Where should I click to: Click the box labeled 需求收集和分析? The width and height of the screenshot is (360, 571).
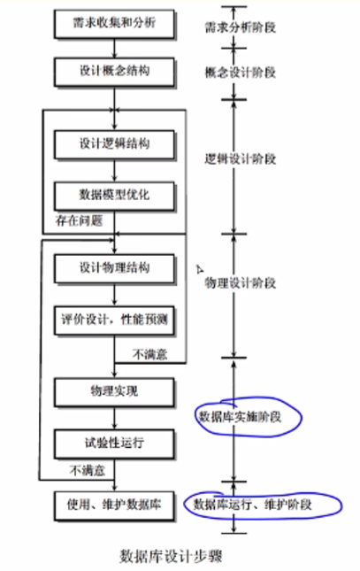(x=114, y=24)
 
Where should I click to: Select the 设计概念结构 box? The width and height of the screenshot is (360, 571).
(x=114, y=72)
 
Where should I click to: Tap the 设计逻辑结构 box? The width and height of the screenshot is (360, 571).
(x=114, y=144)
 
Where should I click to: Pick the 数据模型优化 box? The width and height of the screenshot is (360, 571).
(x=114, y=196)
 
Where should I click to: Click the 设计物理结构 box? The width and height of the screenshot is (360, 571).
(x=114, y=269)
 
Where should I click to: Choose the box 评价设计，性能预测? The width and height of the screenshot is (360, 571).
(x=114, y=320)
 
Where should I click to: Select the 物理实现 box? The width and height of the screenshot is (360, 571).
(x=114, y=392)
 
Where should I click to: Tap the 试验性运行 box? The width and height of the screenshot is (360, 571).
(x=114, y=444)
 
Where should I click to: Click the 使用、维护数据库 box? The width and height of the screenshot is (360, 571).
(x=114, y=505)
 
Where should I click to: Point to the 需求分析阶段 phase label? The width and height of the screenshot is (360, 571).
(x=241, y=27)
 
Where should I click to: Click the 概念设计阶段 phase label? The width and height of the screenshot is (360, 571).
(x=241, y=73)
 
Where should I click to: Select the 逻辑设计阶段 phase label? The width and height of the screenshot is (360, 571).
(x=241, y=158)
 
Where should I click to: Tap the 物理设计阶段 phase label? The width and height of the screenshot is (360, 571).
(x=241, y=282)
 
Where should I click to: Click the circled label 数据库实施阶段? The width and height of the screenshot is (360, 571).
(x=240, y=417)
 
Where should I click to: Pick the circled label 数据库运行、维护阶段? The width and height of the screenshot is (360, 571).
(x=252, y=505)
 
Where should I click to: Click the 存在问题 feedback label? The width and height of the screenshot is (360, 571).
(x=79, y=220)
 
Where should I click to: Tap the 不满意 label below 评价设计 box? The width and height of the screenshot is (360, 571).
(x=150, y=354)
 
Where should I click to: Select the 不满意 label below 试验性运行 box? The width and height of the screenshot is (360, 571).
(x=88, y=470)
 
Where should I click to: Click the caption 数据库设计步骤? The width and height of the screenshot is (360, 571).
(x=171, y=556)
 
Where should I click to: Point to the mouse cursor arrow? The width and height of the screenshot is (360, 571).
(x=200, y=269)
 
